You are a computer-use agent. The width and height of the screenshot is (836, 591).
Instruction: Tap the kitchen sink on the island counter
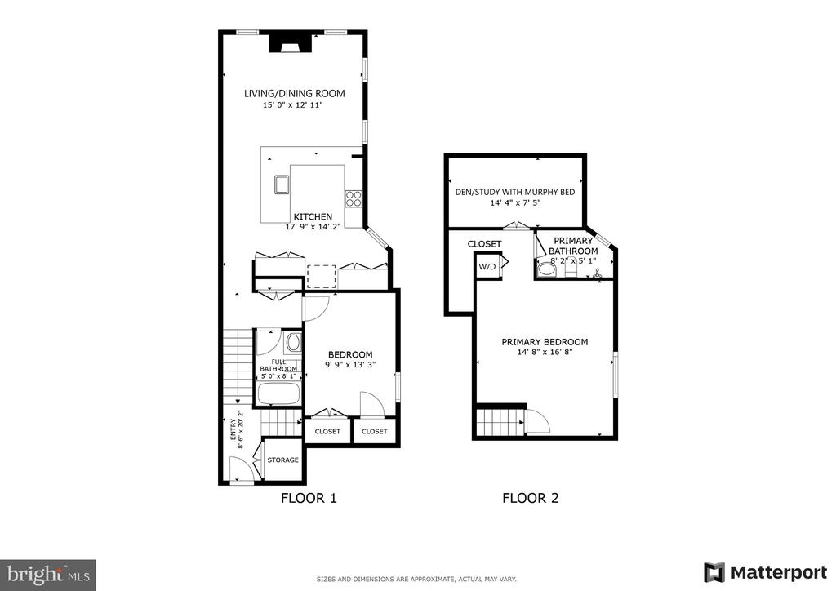(x=281, y=184)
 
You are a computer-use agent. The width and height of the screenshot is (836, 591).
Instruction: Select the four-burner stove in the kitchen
(x=353, y=199)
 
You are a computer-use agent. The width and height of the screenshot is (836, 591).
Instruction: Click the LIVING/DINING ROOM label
(x=294, y=93)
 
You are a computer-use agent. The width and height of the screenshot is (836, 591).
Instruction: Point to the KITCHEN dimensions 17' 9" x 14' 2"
(x=313, y=226)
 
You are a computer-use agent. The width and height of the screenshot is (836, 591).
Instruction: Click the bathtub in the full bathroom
(x=279, y=393)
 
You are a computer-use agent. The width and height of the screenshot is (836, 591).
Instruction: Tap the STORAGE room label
(x=282, y=460)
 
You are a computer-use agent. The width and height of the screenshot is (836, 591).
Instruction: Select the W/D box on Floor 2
(x=487, y=266)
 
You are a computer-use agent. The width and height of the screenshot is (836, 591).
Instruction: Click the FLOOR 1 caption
(x=309, y=498)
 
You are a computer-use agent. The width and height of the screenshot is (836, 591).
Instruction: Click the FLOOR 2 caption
(x=531, y=498)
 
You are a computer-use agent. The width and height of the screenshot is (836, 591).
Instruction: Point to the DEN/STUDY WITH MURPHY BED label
(x=515, y=192)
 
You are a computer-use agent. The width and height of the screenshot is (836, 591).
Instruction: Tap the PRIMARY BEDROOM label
(x=545, y=342)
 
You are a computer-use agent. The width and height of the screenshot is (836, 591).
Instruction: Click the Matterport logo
(x=765, y=572)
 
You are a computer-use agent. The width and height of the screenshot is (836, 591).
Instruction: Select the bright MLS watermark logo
(x=48, y=575)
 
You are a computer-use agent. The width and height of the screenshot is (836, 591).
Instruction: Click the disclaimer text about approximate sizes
(x=416, y=579)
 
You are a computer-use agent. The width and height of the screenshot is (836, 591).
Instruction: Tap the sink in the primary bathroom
(x=597, y=274)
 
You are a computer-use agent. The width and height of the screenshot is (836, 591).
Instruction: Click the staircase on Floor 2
(x=500, y=421)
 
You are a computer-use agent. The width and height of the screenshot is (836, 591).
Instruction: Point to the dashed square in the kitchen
(x=322, y=277)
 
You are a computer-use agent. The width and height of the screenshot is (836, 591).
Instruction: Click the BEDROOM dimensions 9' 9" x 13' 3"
(x=350, y=365)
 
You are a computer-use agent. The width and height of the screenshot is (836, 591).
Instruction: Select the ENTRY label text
(x=233, y=430)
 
